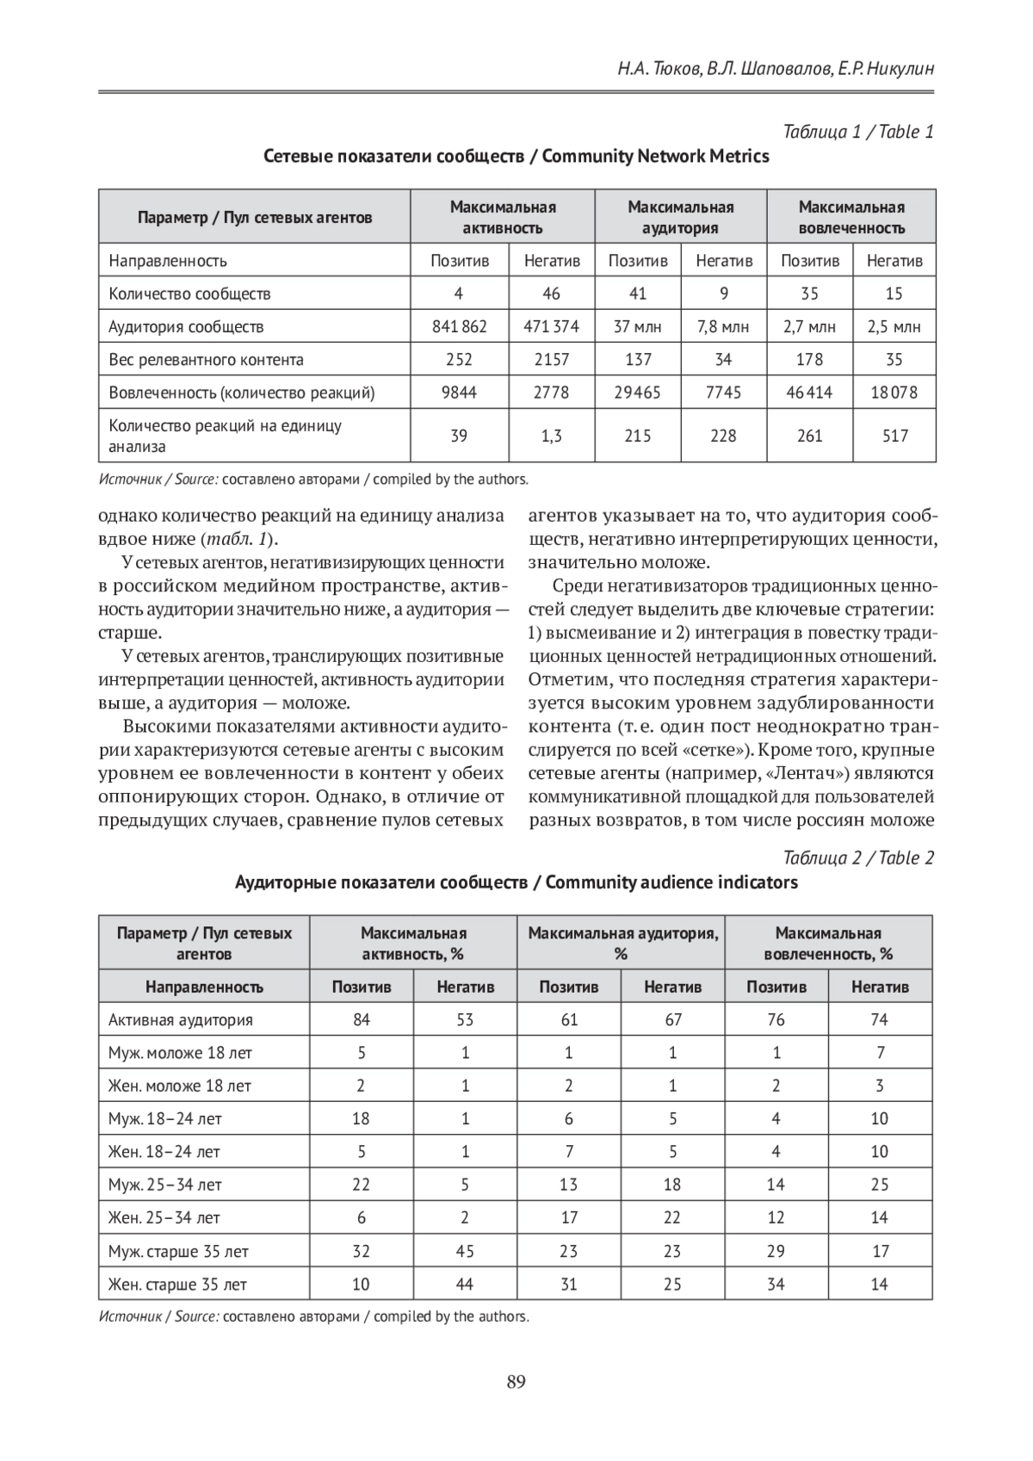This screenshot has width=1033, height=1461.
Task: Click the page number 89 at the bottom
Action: click(x=516, y=1383)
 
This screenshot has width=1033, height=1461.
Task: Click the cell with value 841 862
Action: click(x=459, y=326)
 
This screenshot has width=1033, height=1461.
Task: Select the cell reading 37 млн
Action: click(x=637, y=326)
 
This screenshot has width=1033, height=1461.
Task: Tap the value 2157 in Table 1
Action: click(x=551, y=360)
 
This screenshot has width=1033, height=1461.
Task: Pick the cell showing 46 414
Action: click(x=809, y=393)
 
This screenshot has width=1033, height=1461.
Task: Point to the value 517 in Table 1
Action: click(x=894, y=436)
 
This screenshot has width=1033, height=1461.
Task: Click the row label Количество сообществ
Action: click(x=189, y=294)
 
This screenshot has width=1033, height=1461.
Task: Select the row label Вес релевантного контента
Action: click(x=206, y=360)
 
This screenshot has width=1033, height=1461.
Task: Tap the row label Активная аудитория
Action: click(x=181, y=1020)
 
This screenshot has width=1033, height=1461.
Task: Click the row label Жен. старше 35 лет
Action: click(x=177, y=1285)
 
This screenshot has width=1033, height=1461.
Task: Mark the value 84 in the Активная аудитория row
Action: click(x=362, y=1020)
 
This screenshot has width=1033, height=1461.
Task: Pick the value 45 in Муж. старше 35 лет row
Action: click(x=465, y=1251)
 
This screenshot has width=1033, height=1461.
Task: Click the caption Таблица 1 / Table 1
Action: click(x=858, y=132)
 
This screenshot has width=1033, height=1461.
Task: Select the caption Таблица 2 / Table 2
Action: click(x=858, y=857)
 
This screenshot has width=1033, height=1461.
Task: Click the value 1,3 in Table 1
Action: click(x=551, y=436)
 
